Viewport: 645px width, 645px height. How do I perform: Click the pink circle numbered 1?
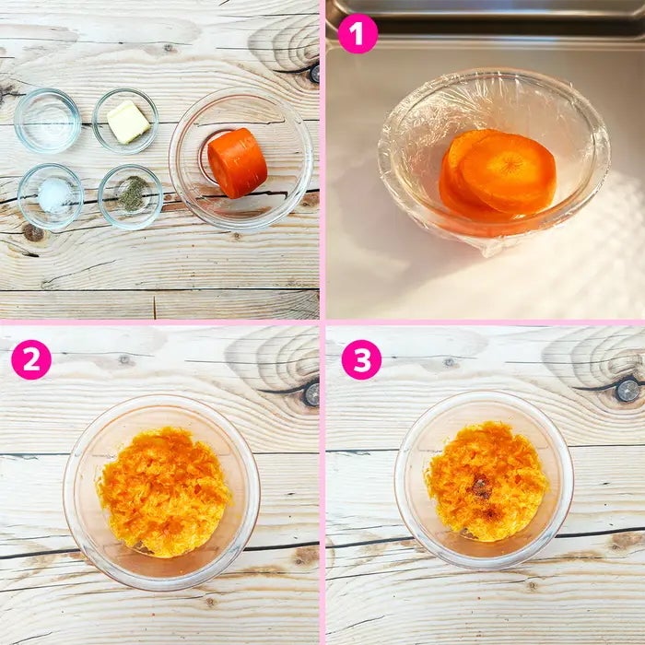click(358, 34)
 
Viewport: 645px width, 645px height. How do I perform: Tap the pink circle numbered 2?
click(31, 359)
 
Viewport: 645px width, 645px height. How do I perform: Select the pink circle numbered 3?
click(361, 359)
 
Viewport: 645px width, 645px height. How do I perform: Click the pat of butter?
click(128, 122)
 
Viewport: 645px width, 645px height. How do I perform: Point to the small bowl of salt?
click(51, 196)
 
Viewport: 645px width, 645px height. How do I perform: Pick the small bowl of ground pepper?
click(131, 197)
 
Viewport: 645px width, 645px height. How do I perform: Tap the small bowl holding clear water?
click(47, 121)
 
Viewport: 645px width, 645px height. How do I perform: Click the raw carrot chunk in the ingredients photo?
click(238, 163)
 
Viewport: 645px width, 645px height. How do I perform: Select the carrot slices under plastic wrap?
click(497, 176)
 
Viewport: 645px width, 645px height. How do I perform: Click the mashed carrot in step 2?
click(164, 491)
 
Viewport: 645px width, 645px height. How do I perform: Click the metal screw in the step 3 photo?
click(628, 391)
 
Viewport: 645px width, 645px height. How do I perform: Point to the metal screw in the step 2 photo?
click(312, 395)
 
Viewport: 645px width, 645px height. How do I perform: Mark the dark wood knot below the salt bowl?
click(33, 233)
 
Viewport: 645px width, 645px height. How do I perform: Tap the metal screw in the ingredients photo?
click(315, 74)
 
